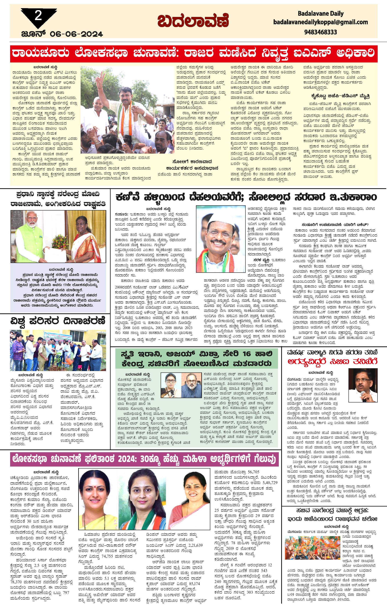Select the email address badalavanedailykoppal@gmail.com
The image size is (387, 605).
click(320, 22)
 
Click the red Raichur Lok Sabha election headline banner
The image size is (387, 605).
click(193, 53)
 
